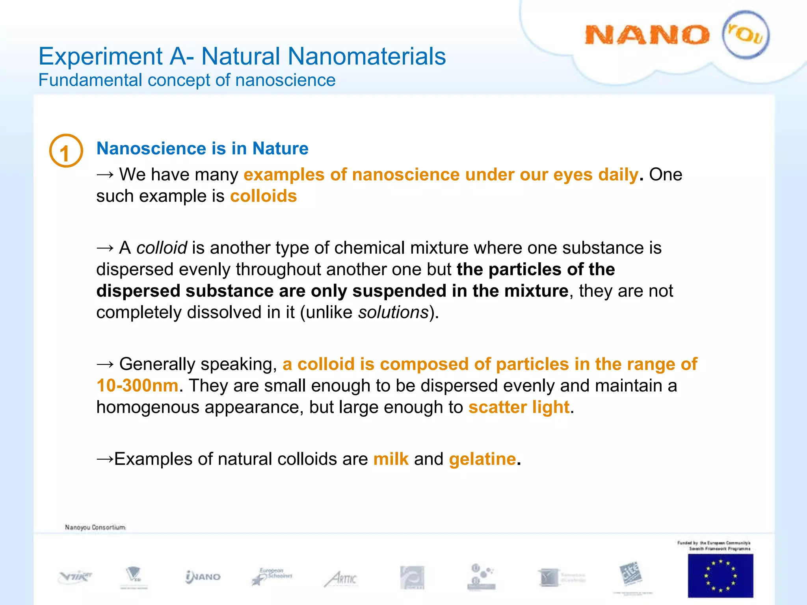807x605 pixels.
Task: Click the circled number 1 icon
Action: (66, 151)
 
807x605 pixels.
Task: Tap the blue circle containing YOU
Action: (746, 35)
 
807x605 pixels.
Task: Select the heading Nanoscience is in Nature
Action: (202, 148)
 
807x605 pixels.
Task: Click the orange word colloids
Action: (263, 196)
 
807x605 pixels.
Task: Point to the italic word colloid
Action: (162, 248)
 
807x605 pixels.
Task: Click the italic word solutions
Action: (393, 312)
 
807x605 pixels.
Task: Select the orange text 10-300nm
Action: (137, 386)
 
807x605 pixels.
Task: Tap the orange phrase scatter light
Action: (519, 407)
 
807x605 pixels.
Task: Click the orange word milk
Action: (390, 459)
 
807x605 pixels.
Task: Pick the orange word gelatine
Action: (482, 459)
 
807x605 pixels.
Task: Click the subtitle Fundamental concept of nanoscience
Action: (187, 80)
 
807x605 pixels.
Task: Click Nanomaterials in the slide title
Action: (366, 56)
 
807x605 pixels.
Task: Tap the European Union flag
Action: (720, 575)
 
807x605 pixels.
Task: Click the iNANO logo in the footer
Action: (203, 577)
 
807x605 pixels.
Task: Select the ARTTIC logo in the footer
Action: (341, 579)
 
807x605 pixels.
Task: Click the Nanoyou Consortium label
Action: (95, 527)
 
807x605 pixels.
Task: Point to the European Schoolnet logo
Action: (272, 576)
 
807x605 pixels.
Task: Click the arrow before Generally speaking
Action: (105, 364)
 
